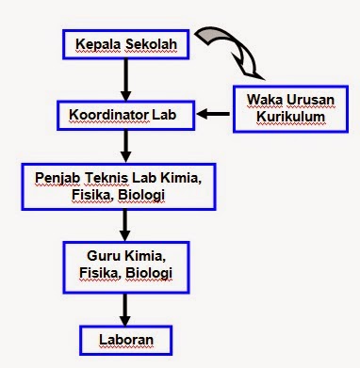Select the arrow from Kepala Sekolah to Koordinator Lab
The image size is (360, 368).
(126, 79)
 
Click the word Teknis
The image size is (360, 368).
(112, 175)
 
